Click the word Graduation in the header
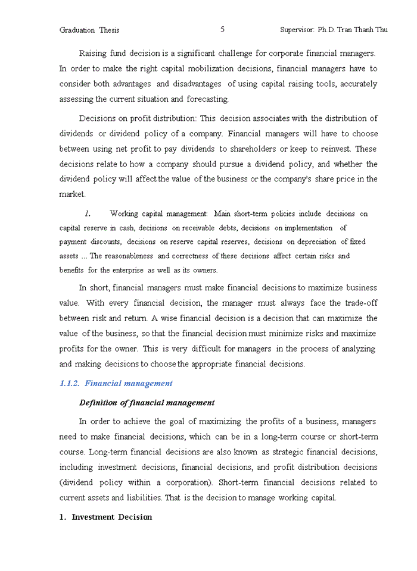click(x=77, y=30)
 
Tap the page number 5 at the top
click(x=222, y=29)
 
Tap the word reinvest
click(x=348, y=149)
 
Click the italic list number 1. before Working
click(x=87, y=213)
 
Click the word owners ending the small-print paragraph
click(x=204, y=270)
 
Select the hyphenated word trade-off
click(x=360, y=303)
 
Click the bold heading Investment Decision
click(x=111, y=517)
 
